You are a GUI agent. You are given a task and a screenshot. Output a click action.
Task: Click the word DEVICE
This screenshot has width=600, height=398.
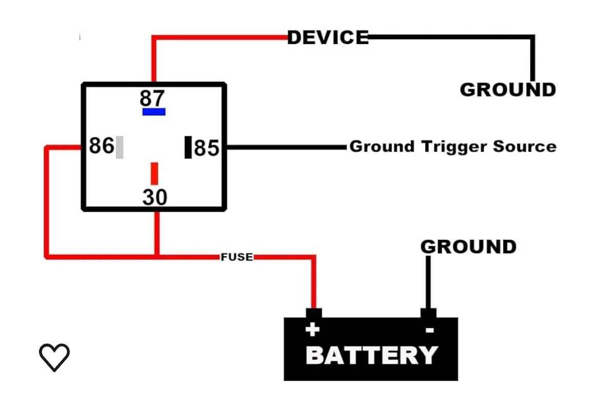[328, 37]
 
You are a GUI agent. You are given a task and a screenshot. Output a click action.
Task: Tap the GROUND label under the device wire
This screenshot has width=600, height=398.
[508, 90]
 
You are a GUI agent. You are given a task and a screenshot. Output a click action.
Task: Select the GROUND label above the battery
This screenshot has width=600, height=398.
[468, 247]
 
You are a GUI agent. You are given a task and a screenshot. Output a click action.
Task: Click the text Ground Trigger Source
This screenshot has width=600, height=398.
[453, 146]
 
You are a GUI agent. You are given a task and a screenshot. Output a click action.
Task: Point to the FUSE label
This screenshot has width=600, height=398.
[237, 257]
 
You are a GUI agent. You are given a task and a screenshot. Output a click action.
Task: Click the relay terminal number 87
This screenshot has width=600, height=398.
[152, 98]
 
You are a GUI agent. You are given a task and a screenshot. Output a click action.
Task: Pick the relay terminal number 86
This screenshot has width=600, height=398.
[102, 145]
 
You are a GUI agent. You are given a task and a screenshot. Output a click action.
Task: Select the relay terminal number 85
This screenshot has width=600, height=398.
[207, 148]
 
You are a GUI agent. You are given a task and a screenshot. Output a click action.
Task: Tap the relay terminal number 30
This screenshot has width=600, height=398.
[154, 197]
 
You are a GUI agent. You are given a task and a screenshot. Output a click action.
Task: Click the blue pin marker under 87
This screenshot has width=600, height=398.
[154, 112]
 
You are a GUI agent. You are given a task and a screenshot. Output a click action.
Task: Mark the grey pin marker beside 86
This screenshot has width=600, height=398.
[120, 147]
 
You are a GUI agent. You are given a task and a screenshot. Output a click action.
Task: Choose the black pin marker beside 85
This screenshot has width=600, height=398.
[188, 147]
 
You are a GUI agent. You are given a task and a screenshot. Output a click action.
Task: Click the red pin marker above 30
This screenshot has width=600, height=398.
[154, 174]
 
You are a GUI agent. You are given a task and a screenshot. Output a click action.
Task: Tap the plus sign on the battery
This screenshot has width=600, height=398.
[313, 329]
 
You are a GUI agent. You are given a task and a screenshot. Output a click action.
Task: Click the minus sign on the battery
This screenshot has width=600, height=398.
[430, 330]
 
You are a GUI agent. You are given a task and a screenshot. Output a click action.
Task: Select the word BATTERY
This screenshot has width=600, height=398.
[372, 355]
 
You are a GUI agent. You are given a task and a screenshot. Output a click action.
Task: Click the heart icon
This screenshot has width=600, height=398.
[54, 357]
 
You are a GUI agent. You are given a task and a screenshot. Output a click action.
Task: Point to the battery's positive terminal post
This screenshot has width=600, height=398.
[314, 313]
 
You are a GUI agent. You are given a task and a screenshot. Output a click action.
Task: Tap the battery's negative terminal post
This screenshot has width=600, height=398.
[428, 313]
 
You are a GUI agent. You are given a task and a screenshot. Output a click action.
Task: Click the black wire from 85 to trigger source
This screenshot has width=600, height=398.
[286, 147]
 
